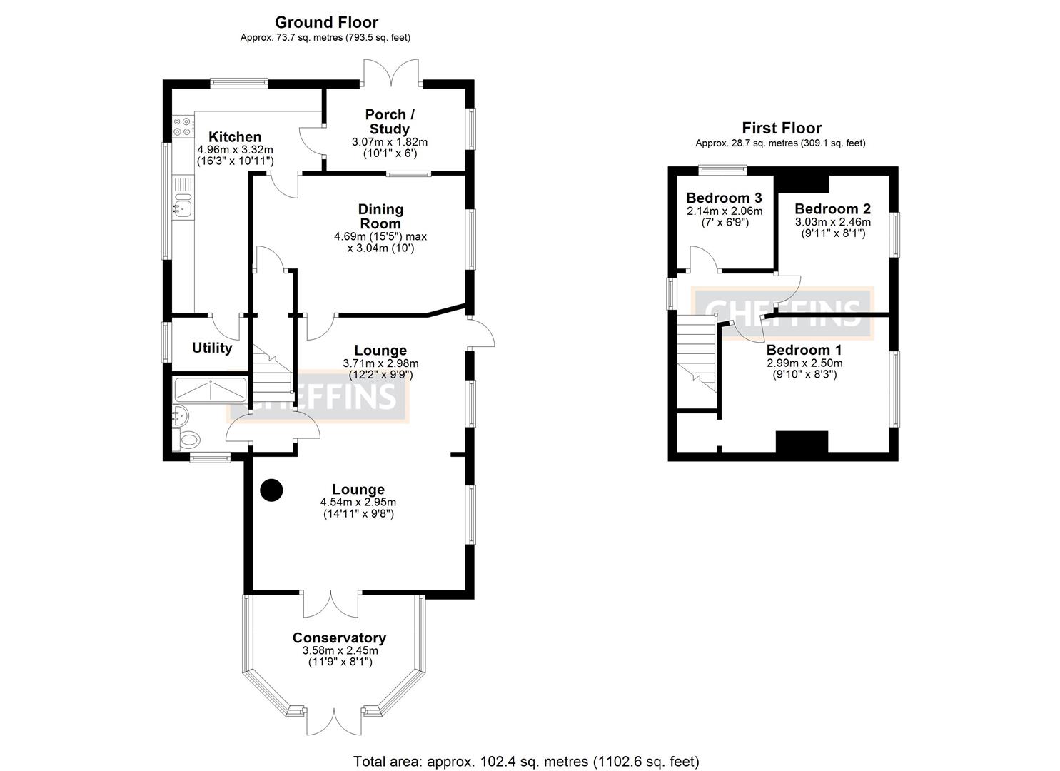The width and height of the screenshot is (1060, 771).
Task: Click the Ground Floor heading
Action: (x=326, y=22)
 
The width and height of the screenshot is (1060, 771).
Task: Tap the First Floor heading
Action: (x=782, y=128)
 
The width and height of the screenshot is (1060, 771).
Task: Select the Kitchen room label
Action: (x=235, y=137)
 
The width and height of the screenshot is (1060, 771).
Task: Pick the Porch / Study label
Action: (x=390, y=121)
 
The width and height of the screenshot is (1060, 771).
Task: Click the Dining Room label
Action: (x=380, y=216)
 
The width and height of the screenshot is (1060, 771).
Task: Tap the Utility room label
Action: (x=212, y=348)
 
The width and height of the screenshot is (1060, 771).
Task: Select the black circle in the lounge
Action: (x=271, y=490)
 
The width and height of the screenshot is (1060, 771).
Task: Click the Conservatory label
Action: (x=339, y=638)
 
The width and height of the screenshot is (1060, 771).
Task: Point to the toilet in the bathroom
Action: (x=188, y=440)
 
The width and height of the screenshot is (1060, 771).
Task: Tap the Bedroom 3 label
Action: (x=724, y=198)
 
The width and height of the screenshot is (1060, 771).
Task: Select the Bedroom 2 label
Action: (x=832, y=209)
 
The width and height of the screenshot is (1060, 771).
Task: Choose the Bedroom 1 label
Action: (x=804, y=351)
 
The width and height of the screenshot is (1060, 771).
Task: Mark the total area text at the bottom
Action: (x=526, y=761)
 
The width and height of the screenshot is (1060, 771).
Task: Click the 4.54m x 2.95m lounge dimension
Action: (x=358, y=503)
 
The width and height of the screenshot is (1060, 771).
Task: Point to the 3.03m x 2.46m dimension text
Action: (x=832, y=222)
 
